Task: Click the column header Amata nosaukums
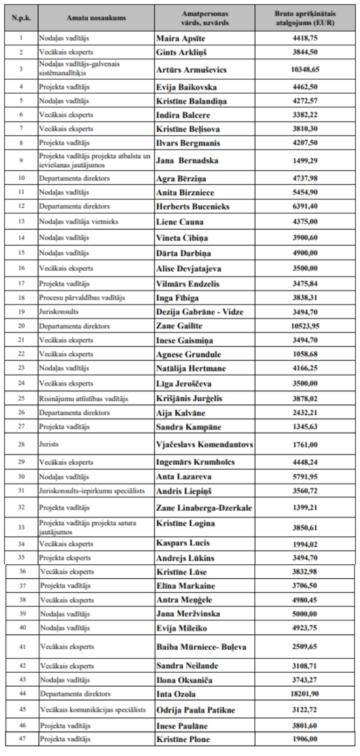96,15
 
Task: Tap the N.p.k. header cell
20,15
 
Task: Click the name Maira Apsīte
180,36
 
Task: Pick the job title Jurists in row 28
51,444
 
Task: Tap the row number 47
20,739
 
